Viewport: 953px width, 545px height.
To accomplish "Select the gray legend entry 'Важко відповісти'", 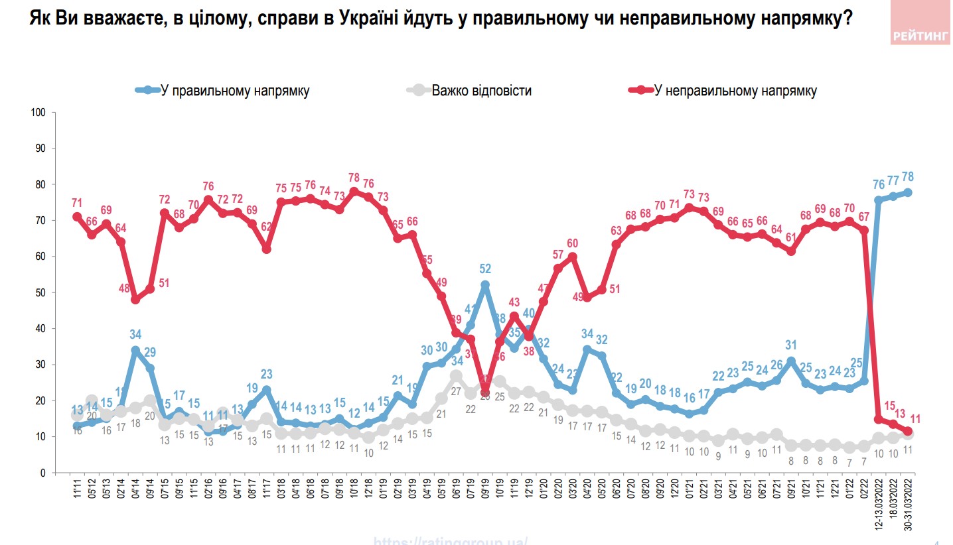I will (x=481, y=91).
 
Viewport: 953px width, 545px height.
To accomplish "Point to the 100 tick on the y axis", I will (x=38, y=113).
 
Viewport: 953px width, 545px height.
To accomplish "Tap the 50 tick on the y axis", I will (x=40, y=292).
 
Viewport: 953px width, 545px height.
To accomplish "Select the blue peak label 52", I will (x=485, y=269).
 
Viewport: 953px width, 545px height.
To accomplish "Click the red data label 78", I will (x=354, y=177).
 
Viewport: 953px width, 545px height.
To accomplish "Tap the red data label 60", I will (x=573, y=242).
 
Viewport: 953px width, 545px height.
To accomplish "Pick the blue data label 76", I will (x=878, y=184).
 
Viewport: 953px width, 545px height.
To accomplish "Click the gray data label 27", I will (x=457, y=391).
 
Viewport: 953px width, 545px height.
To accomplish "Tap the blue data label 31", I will (x=791, y=345).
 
